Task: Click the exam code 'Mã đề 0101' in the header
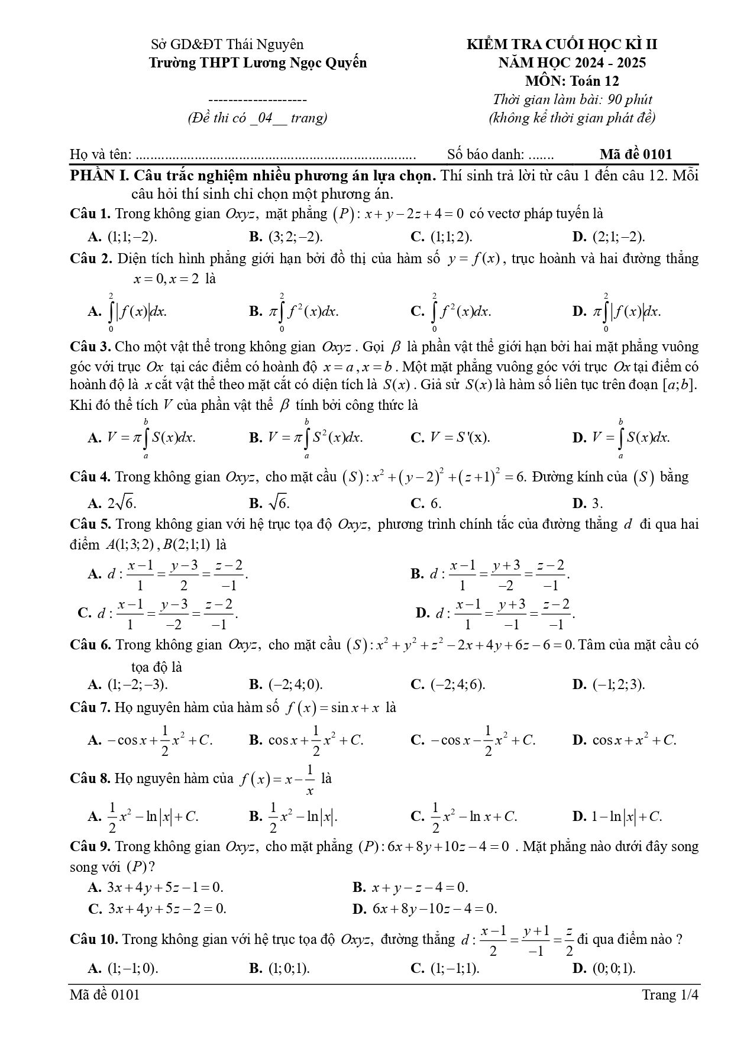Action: pyautogui.click(x=635, y=154)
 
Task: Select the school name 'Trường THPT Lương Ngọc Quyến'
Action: pyautogui.click(x=257, y=63)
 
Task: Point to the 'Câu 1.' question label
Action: pyautogui.click(x=90, y=214)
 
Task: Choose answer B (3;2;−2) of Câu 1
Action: pyautogui.click(x=286, y=237)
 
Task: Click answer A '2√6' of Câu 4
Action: pyautogui.click(x=112, y=503)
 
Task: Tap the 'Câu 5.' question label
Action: pyautogui.click(x=90, y=524)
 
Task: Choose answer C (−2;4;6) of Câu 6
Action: pyautogui.click(x=448, y=684)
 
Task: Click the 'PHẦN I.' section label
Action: pyautogui.click(x=99, y=176)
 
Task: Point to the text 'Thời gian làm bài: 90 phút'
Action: pyautogui.click(x=572, y=99)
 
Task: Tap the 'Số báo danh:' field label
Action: pyautogui.click(x=485, y=154)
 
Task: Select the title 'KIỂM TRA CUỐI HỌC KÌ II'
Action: pyautogui.click(x=562, y=44)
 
